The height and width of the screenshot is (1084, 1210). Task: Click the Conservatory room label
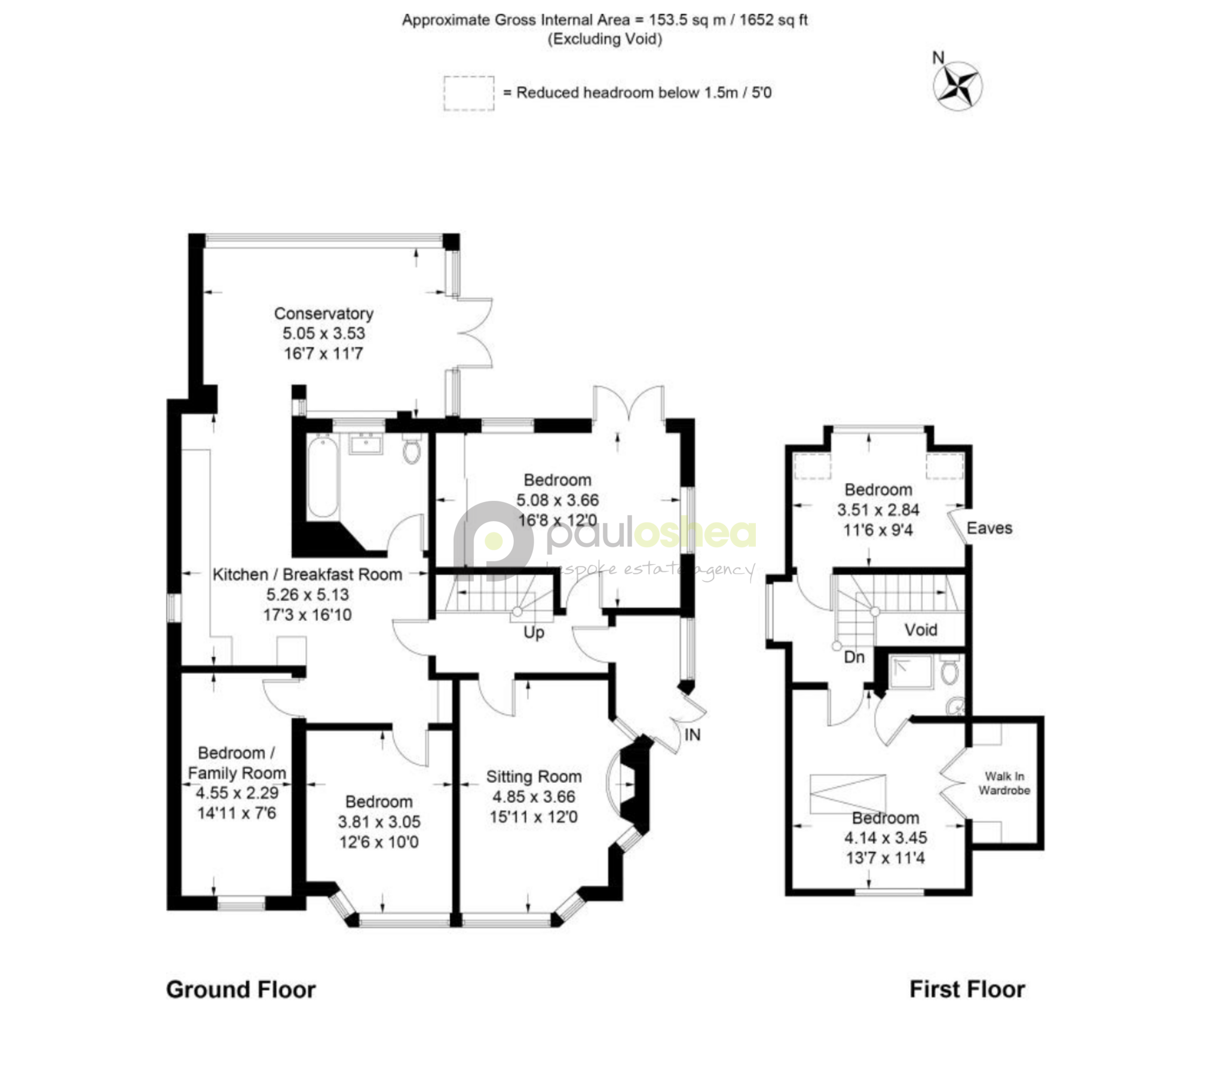(x=323, y=314)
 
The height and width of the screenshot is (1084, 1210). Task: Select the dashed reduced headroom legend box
(x=468, y=93)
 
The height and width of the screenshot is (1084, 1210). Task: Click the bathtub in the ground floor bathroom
(x=323, y=477)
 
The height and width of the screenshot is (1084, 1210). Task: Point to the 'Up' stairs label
(x=534, y=633)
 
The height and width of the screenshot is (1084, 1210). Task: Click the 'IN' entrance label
(x=692, y=735)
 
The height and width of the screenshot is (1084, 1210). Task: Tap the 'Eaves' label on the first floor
(x=990, y=528)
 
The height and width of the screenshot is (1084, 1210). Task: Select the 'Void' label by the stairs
(x=921, y=630)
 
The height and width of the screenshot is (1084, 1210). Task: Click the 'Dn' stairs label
(x=854, y=657)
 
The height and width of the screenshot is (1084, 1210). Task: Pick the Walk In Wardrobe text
(x=1004, y=783)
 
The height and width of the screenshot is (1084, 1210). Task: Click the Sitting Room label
(x=534, y=777)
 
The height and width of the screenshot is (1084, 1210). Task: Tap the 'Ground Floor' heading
(x=241, y=990)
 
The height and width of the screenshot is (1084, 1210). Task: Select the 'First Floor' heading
(x=967, y=990)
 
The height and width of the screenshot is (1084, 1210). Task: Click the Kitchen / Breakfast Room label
(x=307, y=575)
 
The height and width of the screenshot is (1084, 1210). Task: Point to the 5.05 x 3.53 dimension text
(x=323, y=333)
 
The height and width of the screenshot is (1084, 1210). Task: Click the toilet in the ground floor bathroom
(x=412, y=449)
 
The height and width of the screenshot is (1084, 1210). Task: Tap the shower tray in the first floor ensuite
(x=911, y=672)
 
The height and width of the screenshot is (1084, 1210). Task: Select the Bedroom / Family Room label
(x=237, y=763)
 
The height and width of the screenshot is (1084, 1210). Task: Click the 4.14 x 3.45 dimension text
(x=885, y=838)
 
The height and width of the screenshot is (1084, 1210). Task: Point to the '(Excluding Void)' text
(x=605, y=39)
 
